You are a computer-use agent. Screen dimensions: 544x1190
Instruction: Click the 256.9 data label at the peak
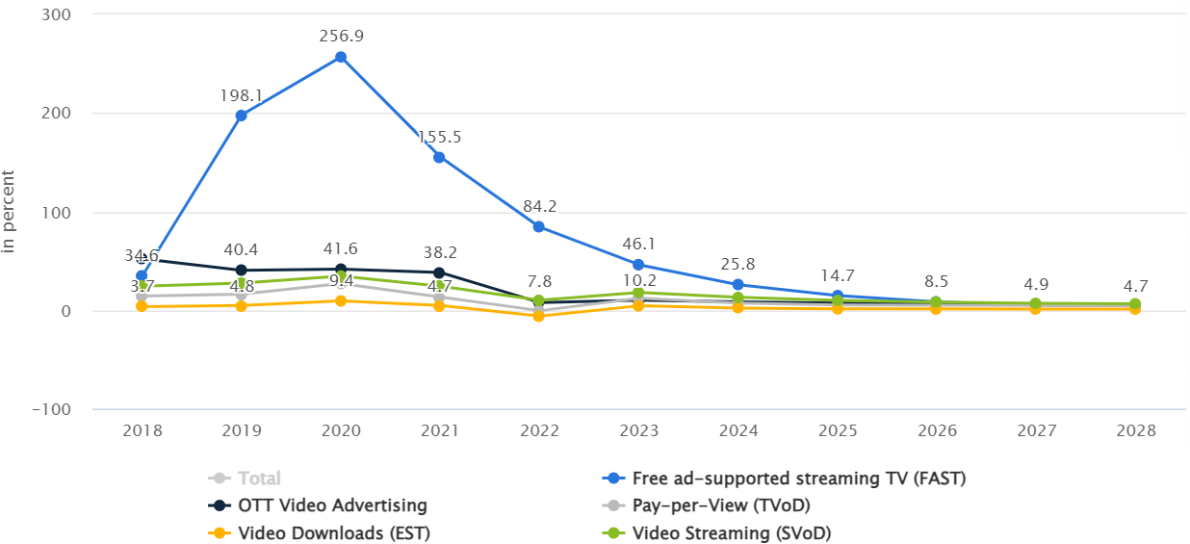341,37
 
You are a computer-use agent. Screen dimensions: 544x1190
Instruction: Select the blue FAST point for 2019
242,116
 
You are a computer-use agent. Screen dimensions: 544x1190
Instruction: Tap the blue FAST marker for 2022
539,226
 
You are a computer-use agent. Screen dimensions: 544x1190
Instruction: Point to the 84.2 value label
539,206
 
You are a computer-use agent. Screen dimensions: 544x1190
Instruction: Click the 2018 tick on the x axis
142,430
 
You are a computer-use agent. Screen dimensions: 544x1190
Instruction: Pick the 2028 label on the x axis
1135,430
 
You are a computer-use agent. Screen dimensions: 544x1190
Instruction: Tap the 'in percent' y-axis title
10,212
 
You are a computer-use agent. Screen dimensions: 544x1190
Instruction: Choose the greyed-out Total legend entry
258,479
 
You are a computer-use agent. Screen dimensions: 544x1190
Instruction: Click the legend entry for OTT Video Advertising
330,505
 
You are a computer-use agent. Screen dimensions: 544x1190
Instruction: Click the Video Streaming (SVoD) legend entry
731,532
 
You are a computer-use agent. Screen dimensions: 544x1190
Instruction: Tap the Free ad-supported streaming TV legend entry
797,479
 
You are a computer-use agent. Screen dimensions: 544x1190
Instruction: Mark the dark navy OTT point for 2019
242,271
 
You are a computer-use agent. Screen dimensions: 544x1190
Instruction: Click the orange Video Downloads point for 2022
539,316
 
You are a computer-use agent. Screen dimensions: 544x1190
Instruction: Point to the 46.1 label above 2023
639,245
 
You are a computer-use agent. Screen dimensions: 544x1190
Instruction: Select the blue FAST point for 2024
738,285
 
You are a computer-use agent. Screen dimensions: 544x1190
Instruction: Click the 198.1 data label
242,95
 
